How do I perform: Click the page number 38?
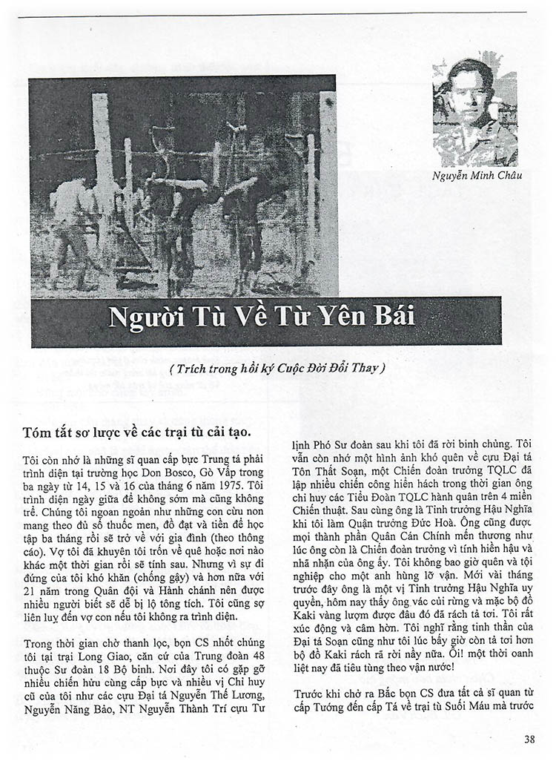point(529,739)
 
